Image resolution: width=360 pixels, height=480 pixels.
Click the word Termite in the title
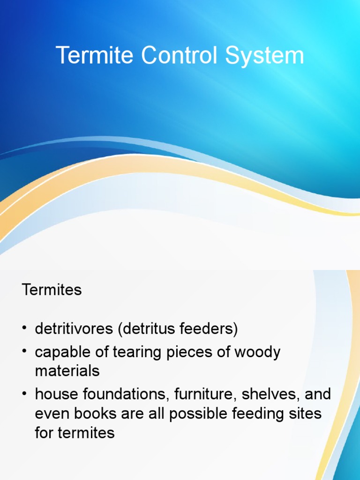pyautogui.click(x=95, y=56)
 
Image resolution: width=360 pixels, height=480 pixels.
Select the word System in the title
pyautogui.click(x=264, y=56)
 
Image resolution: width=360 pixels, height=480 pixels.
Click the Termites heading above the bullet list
pyautogui.click(x=52, y=290)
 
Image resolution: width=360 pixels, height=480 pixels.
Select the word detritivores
pyautogui.click(x=74, y=329)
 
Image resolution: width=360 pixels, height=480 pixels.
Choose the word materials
pyautogui.click(x=67, y=371)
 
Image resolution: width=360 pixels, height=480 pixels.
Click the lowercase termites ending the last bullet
pyautogui.click(x=86, y=432)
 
